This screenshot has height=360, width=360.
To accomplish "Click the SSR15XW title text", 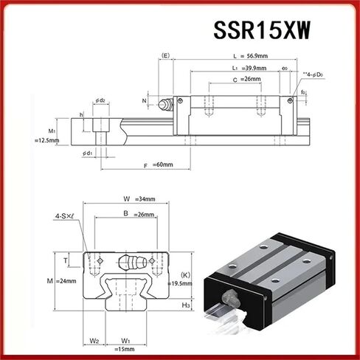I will click(262, 29).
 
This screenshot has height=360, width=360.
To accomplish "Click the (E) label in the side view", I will click(165, 55).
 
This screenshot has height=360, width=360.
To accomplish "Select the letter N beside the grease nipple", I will click(145, 101).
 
